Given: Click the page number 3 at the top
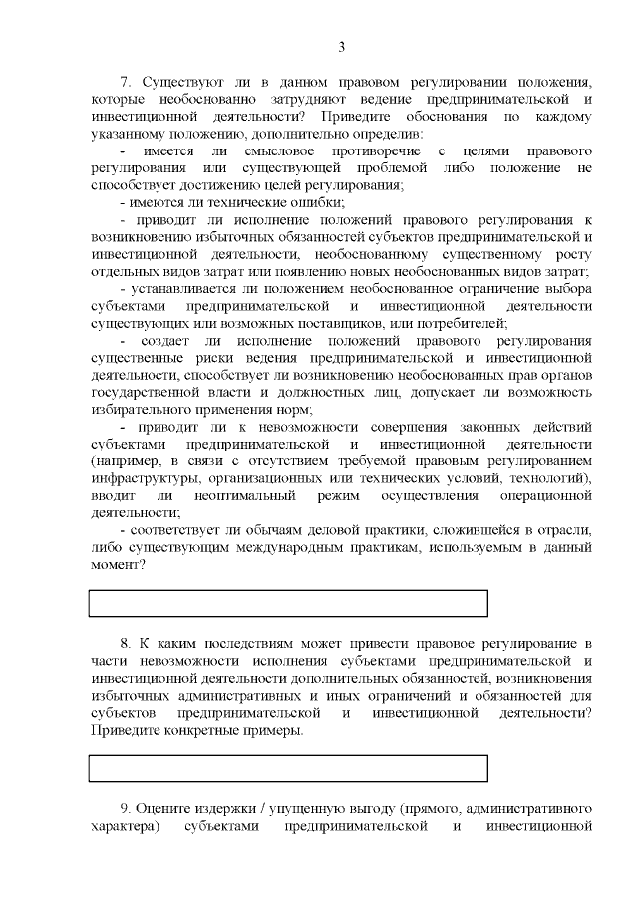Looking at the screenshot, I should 341,47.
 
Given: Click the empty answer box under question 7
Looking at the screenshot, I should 288,603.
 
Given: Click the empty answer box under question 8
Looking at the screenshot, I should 288,768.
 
